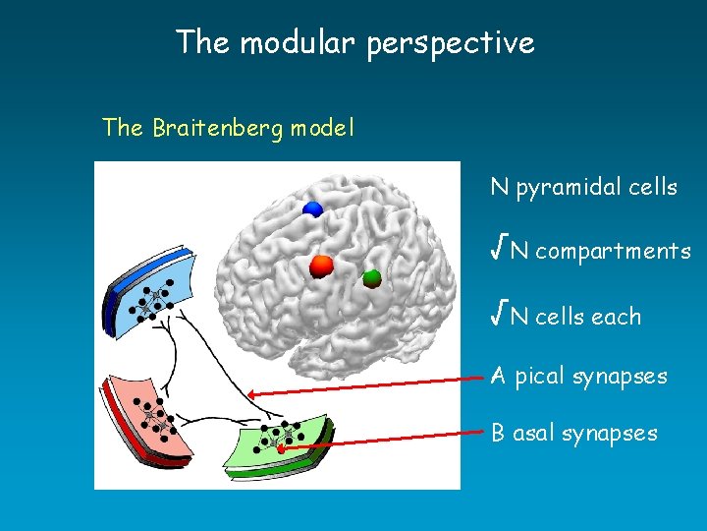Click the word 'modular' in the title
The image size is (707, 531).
point(301,43)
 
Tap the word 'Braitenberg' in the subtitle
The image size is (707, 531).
point(219,129)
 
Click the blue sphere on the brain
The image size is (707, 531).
point(313,208)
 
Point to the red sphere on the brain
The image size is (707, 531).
point(322,265)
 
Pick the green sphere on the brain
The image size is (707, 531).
point(371,278)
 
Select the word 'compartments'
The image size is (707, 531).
point(613,253)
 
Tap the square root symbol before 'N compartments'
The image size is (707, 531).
point(499,251)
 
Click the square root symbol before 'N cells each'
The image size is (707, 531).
point(499,316)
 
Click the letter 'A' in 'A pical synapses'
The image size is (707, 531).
point(499,376)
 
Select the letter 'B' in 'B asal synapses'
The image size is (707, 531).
point(499,433)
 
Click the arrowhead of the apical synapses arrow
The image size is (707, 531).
point(251,393)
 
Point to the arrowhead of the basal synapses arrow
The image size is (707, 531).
point(280,448)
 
